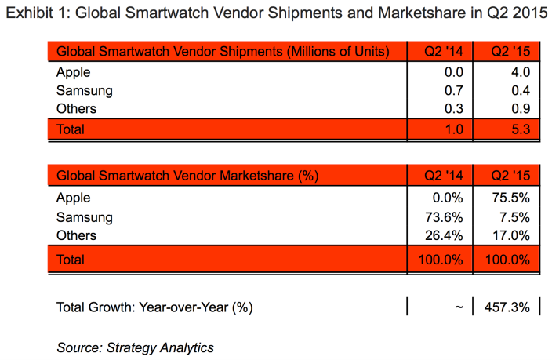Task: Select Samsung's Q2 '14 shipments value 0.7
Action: [x=456, y=91]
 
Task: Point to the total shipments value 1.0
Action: [x=456, y=129]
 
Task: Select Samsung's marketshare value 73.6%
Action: [x=447, y=217]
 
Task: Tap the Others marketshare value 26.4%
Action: [x=447, y=235]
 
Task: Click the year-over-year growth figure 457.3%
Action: [x=510, y=307]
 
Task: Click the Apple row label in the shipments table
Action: [x=74, y=73]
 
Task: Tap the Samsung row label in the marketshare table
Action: [x=85, y=217]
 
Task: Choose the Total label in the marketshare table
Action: [x=71, y=258]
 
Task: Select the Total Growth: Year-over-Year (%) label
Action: [x=154, y=307]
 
